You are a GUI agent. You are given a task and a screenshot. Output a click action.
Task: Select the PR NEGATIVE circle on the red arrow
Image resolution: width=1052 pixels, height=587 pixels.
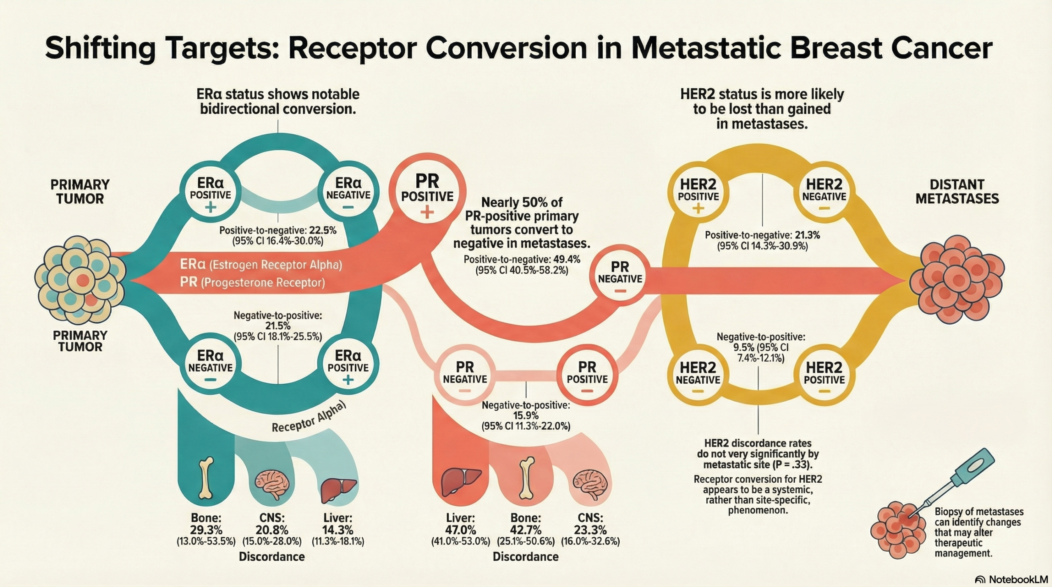point(620,278)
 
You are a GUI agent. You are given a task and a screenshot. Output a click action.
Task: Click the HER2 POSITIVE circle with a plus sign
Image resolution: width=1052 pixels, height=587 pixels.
point(698,195)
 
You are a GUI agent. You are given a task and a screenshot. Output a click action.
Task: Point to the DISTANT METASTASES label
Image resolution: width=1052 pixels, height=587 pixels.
point(957,191)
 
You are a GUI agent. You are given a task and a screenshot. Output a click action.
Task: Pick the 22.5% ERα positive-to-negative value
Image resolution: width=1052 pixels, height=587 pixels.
point(323,230)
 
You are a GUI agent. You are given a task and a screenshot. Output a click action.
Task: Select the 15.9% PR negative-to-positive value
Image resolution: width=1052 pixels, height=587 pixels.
point(526,416)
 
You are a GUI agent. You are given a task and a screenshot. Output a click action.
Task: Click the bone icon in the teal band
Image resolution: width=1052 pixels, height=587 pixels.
point(206,478)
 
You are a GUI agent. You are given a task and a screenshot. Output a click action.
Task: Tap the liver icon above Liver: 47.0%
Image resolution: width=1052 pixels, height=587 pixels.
point(460,482)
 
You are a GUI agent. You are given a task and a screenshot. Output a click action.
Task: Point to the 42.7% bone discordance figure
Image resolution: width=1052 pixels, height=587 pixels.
point(526,530)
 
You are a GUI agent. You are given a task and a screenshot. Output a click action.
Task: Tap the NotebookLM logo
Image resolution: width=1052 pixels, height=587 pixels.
point(1011,579)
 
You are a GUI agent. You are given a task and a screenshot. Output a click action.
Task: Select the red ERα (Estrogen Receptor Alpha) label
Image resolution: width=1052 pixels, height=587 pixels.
point(261,265)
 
